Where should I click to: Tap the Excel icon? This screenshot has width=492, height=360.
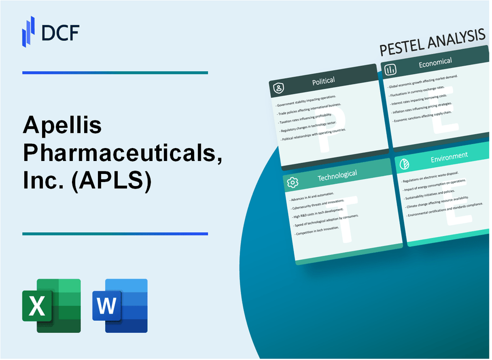tap(51, 305)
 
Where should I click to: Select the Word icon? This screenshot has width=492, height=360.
tap(120, 305)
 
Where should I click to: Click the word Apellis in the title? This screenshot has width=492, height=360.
tap(62, 127)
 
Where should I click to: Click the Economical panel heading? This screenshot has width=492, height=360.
tap(435, 63)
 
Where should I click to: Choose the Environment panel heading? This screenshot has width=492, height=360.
tap(449, 156)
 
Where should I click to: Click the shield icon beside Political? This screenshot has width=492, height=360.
tap(278, 89)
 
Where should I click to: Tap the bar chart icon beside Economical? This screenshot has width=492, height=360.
tap(390, 69)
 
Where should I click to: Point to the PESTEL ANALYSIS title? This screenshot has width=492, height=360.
tap(432, 42)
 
